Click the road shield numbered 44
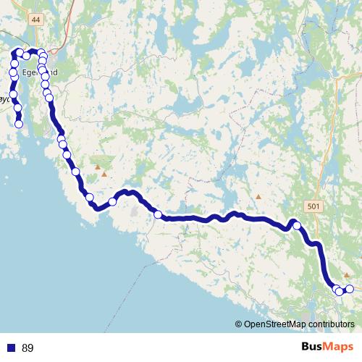coord(37,20)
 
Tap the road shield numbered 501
coord(313,206)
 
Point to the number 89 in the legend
coord(28,348)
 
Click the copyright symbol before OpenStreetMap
coord(239,324)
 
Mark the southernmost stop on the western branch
coord(19,124)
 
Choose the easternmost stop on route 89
coord(349,289)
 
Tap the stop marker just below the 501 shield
coord(296,226)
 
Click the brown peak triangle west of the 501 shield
coord(258,196)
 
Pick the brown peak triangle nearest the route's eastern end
coord(346,275)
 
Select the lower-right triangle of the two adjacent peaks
coord(104,174)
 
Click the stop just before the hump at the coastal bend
coord(112,202)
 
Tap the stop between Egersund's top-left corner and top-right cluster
coord(26,56)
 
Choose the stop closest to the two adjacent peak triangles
coord(75,172)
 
